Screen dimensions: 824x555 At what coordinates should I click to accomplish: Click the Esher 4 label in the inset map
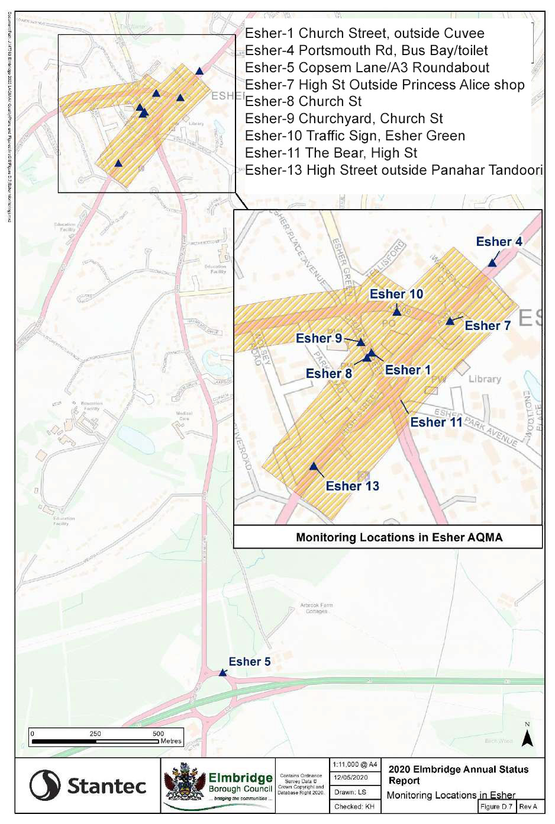click(x=499, y=242)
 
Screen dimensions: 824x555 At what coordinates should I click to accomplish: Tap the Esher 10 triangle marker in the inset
click(x=397, y=311)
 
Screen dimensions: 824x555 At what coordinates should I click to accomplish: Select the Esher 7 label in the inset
click(x=487, y=326)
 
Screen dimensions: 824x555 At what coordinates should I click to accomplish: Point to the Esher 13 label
click(x=352, y=486)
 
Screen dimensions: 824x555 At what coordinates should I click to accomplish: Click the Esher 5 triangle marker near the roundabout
click(x=223, y=672)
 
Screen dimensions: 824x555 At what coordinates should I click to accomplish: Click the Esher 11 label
click(x=436, y=422)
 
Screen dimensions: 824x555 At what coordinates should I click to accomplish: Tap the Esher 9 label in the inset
click(x=319, y=338)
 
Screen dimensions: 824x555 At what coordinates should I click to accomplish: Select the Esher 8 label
click(x=328, y=374)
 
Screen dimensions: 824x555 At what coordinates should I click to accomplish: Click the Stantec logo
click(x=88, y=785)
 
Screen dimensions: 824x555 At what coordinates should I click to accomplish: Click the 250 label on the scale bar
click(x=95, y=733)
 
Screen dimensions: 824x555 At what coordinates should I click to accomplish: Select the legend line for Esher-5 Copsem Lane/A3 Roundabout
click(x=367, y=68)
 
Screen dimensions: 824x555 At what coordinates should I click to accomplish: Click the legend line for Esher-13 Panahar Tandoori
click(x=393, y=170)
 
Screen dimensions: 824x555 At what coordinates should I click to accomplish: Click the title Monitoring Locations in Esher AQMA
click(x=399, y=537)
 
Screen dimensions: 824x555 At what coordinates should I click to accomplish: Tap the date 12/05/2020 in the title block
click(x=350, y=777)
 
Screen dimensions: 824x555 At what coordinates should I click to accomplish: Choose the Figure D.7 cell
click(x=496, y=806)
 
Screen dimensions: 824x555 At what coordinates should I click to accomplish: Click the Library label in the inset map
click(x=485, y=379)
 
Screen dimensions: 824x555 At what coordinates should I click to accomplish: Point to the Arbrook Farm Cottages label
click(x=317, y=608)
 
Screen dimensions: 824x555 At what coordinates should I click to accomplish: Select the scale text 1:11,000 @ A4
click(x=354, y=764)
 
